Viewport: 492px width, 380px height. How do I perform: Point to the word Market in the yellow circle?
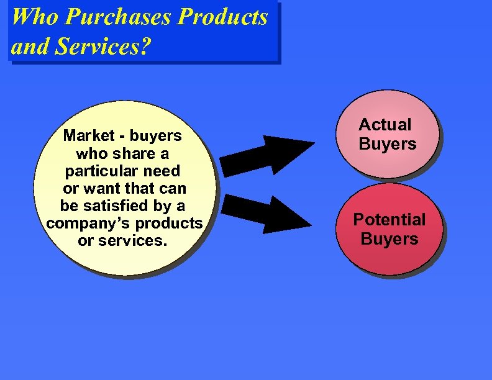point(88,135)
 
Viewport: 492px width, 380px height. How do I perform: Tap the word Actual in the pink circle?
point(385,125)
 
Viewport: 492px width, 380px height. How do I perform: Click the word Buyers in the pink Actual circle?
point(388,144)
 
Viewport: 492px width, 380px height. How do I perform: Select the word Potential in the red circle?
point(389,219)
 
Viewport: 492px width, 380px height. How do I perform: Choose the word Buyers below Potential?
point(389,238)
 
